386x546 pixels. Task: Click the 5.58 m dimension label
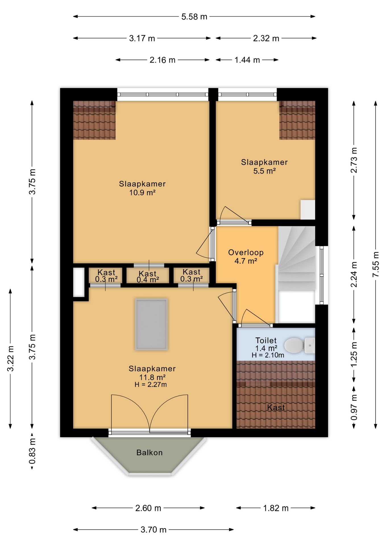pyautogui.click(x=194, y=17)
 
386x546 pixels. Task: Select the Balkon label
pyautogui.click(x=150, y=452)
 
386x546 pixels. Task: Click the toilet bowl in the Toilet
pyautogui.click(x=294, y=345)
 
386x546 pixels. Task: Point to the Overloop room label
pyautogui.click(x=246, y=253)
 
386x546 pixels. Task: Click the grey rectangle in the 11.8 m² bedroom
pyautogui.click(x=151, y=324)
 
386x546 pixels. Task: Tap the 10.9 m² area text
pyautogui.click(x=142, y=193)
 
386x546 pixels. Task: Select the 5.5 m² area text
pyautogui.click(x=264, y=171)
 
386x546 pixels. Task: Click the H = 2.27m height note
pyautogui.click(x=151, y=385)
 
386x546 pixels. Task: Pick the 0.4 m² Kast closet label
pyautogui.click(x=148, y=280)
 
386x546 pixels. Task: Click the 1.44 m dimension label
pyautogui.click(x=247, y=60)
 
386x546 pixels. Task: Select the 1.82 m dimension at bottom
pyautogui.click(x=276, y=508)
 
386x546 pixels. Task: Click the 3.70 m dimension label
pyautogui.click(x=153, y=530)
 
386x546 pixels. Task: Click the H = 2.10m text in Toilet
pyautogui.click(x=268, y=355)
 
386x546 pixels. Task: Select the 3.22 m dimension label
pyautogui.click(x=11, y=358)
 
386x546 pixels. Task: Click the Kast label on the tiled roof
pyautogui.click(x=276, y=408)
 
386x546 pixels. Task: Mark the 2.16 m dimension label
pyautogui.click(x=162, y=60)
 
